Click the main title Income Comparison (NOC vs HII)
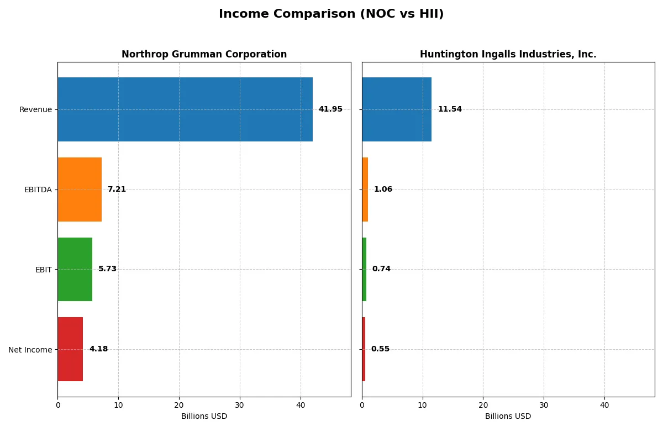331,14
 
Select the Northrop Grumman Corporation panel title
204,54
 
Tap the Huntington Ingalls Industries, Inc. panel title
508,54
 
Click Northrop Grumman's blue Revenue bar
185,109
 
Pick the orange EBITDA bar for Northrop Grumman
80,190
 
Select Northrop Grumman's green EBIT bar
75,269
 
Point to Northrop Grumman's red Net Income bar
70,349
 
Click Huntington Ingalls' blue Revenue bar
397,109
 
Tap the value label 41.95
330,109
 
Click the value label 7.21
117,190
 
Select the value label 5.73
107,269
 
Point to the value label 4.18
98,349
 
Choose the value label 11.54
450,109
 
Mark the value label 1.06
383,190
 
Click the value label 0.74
381,269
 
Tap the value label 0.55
380,349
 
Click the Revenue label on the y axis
35,109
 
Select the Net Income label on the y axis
30,350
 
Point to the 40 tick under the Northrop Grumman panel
301,405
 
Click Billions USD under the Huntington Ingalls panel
508,417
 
